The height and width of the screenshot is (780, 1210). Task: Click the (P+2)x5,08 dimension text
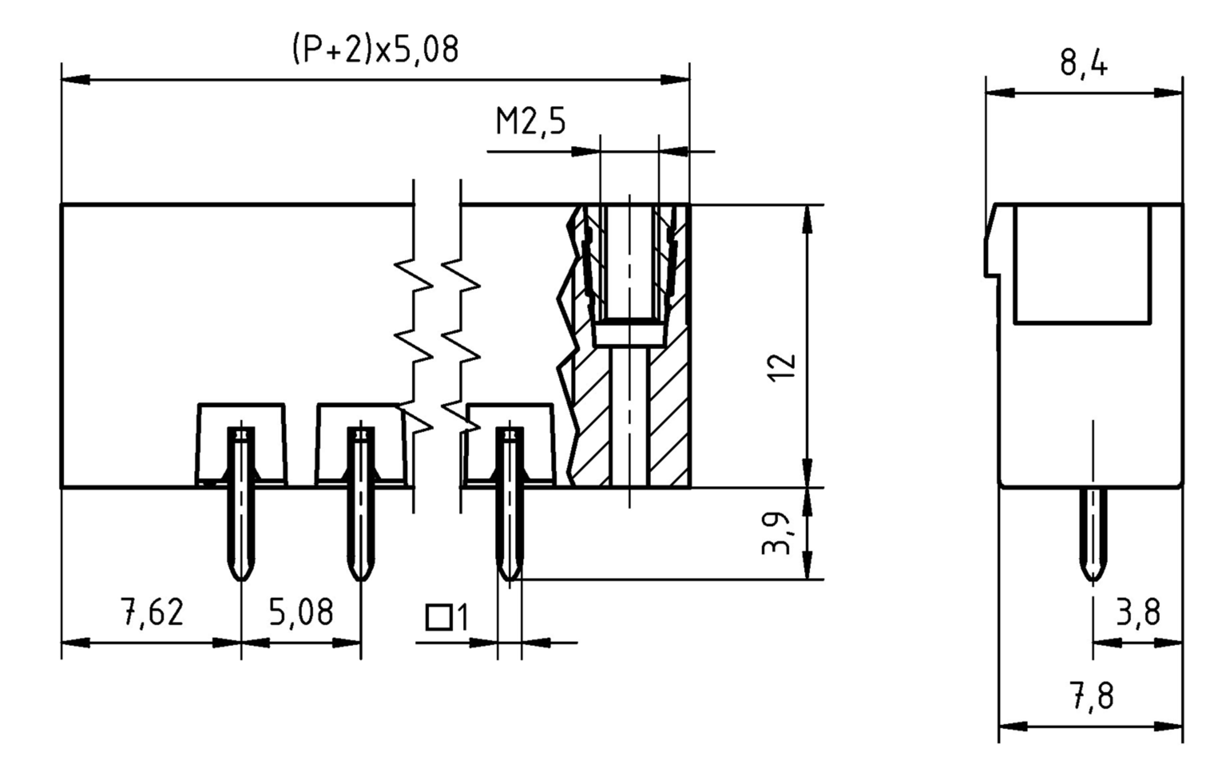376,49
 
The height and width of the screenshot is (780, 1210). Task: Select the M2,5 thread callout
530,122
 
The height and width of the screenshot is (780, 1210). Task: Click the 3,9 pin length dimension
776,533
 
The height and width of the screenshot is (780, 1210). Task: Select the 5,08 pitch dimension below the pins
301,612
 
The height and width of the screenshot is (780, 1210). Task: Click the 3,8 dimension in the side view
1137,613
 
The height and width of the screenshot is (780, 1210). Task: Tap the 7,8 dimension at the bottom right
1091,696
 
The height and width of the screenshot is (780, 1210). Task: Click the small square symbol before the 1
439,617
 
